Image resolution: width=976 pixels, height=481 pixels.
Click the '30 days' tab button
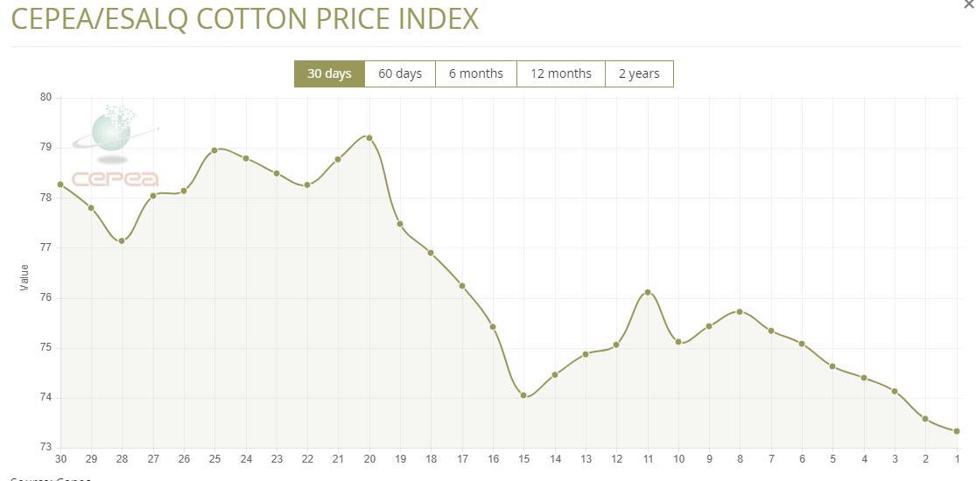(329, 73)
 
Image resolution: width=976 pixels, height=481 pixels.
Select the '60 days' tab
(400, 73)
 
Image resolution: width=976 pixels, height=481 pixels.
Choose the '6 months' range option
(476, 73)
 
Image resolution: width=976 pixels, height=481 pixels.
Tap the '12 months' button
(561, 73)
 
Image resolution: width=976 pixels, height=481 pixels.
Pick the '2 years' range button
(639, 73)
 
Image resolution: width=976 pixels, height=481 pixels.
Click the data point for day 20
(369, 137)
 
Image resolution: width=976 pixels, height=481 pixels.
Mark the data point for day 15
(523, 395)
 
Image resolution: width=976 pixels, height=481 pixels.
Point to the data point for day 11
(648, 292)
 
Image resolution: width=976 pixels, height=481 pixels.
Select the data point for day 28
(122, 240)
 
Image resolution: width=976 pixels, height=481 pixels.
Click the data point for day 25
(214, 150)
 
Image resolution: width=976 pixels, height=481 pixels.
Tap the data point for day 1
(957, 431)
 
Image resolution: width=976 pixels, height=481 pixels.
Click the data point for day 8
(740, 311)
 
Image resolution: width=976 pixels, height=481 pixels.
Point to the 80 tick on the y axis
(46, 97)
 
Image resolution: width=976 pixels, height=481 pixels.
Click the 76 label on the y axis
(46, 297)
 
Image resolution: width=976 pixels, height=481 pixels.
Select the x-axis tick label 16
(494, 458)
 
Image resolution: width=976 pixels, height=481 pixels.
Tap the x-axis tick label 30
(60, 458)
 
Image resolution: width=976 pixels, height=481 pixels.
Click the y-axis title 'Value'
(25, 278)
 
